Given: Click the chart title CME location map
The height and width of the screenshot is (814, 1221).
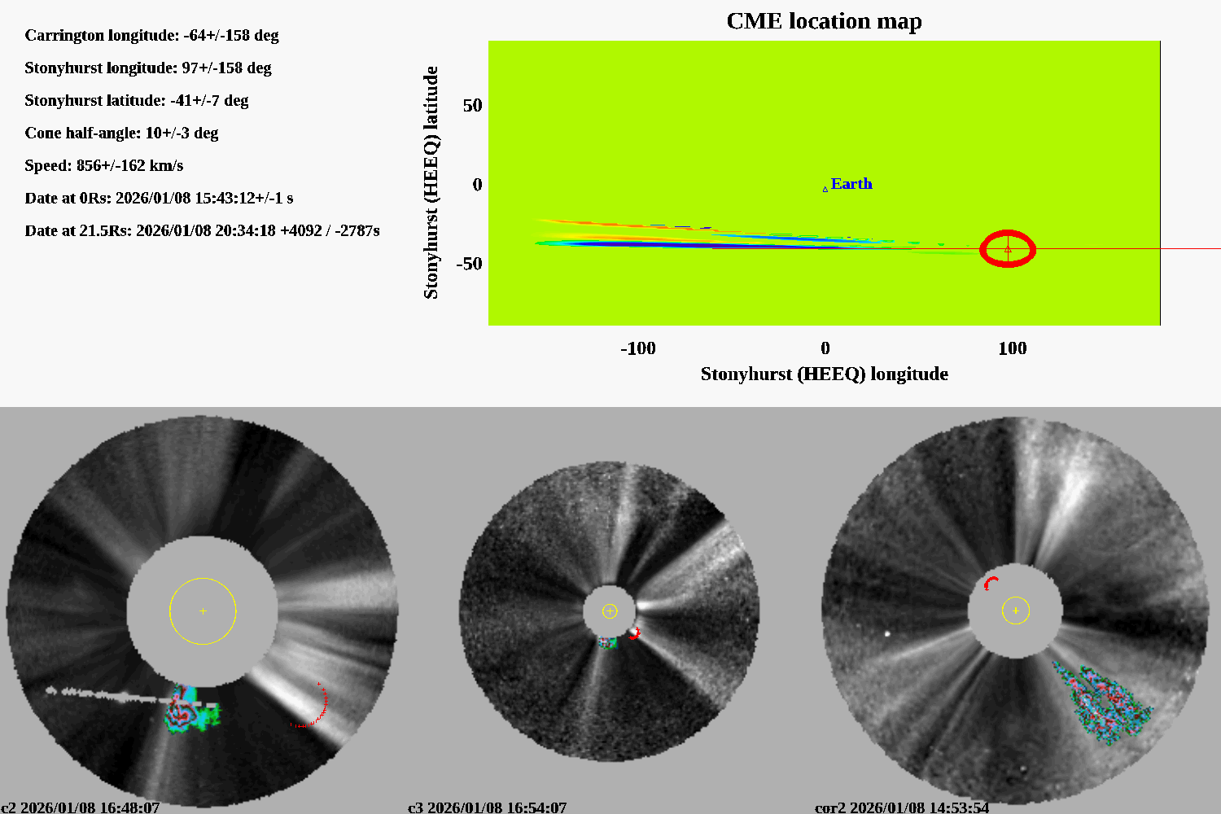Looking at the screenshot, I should click(x=824, y=21).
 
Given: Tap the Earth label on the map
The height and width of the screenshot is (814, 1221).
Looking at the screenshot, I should click(x=851, y=184).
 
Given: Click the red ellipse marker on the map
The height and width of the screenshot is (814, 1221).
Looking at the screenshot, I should click(x=1008, y=249).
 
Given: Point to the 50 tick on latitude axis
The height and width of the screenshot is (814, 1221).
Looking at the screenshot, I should click(x=472, y=106).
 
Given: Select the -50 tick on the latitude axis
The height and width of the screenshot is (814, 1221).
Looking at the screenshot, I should click(x=469, y=264).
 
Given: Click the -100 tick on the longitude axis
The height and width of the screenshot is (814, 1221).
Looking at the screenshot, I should click(x=637, y=348).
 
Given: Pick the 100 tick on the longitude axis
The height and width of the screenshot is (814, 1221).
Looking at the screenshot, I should click(x=1012, y=348).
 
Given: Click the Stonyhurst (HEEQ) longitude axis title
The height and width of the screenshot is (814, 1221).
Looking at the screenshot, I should click(x=824, y=374).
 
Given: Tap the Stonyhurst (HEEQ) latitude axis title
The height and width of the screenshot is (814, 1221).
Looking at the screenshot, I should click(x=431, y=182).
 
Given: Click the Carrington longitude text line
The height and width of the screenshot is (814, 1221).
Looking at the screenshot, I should click(x=151, y=36).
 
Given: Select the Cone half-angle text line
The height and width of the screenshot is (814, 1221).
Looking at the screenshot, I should click(x=121, y=133).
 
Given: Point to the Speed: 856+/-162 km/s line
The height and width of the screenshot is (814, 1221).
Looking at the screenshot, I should click(x=103, y=166).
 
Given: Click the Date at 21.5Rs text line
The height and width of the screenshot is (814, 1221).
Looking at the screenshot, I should click(x=202, y=231).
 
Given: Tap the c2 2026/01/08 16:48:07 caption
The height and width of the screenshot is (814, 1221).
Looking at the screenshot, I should click(x=81, y=807).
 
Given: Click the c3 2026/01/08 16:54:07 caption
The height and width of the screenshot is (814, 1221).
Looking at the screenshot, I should click(x=487, y=807).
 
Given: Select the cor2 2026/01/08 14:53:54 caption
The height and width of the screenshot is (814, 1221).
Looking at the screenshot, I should click(x=902, y=807).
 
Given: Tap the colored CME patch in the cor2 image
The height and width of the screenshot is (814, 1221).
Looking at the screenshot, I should click(x=1103, y=700).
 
